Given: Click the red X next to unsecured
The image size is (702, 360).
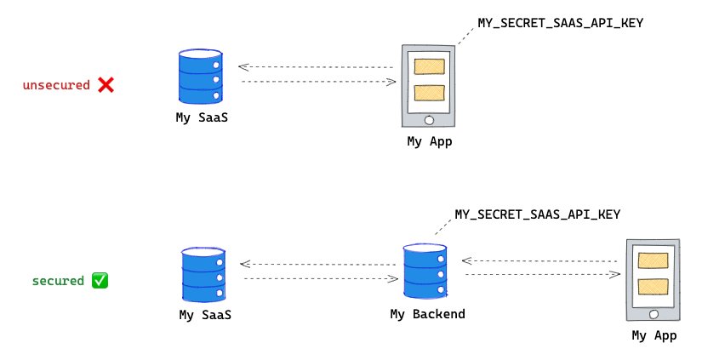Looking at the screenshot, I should click(x=106, y=84).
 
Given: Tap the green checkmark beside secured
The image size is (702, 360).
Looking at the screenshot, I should click(x=100, y=280).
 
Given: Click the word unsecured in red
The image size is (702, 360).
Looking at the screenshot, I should click(x=56, y=85).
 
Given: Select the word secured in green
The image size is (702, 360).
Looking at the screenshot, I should click(x=58, y=281).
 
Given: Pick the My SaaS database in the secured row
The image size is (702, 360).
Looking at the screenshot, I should click(x=204, y=275).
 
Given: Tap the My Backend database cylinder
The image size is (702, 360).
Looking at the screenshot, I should click(x=424, y=271).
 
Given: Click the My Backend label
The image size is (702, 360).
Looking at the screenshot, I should click(x=427, y=314).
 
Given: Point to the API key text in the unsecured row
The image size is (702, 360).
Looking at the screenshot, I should click(x=560, y=23).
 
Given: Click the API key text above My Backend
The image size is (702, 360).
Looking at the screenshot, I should click(x=537, y=214).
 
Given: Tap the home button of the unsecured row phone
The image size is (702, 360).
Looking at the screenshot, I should click(x=429, y=120).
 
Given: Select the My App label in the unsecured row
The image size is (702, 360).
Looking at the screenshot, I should click(x=429, y=141).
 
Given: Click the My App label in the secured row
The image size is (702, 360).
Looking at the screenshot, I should click(x=653, y=335).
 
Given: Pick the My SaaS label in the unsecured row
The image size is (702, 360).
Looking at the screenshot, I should click(x=202, y=118).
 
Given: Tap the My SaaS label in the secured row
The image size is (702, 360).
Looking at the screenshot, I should click(x=205, y=315).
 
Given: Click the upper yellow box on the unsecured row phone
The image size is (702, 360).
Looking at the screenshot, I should click(x=429, y=66).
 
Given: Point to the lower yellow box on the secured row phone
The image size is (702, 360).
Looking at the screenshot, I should click(x=653, y=286).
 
